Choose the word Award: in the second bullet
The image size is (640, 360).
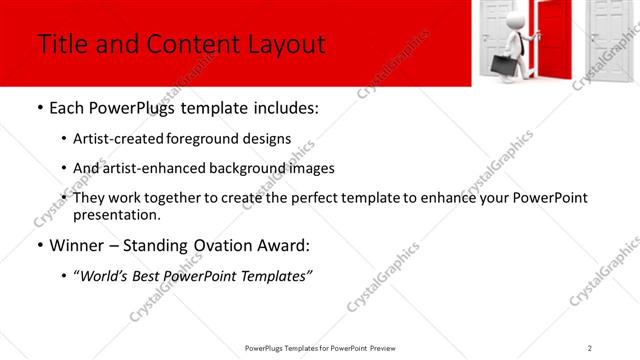[x=282, y=245]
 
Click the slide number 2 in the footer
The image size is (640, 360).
[x=589, y=347]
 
